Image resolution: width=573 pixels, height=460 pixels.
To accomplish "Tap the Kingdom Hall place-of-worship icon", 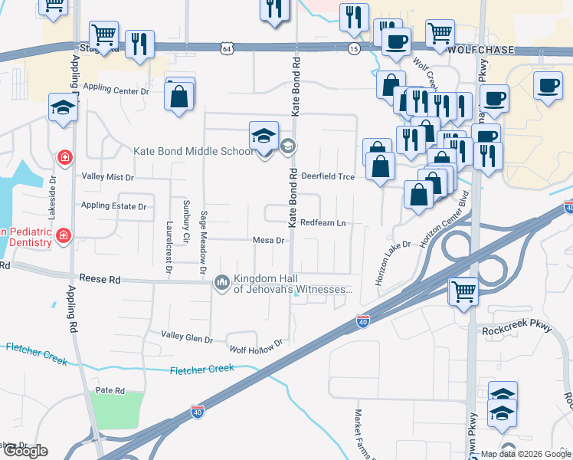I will tap(222, 284).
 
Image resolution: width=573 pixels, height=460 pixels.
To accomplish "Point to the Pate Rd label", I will tap(110, 391).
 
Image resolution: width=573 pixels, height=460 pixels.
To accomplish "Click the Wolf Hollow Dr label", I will tap(257, 341).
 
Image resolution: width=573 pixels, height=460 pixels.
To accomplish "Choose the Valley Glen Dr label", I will tap(187, 337).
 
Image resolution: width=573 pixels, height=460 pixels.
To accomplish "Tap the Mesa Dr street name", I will tap(269, 241).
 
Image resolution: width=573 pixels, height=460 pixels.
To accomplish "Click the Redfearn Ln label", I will tap(323, 223).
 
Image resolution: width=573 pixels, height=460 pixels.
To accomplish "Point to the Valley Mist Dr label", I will tap(108, 177).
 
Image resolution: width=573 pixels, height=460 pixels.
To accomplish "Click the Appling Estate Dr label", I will tap(113, 207).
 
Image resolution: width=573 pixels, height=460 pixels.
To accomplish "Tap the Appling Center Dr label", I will tap(116, 91).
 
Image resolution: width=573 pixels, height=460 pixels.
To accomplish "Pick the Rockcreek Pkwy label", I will tap(517, 329).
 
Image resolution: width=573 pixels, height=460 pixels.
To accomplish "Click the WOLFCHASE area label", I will tap(482, 50).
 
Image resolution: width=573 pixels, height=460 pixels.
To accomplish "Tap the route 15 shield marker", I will tap(353, 48).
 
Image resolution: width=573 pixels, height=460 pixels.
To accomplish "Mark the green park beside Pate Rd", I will tap(116, 409).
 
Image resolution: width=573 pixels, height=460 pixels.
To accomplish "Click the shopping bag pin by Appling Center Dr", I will tap(179, 97).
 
